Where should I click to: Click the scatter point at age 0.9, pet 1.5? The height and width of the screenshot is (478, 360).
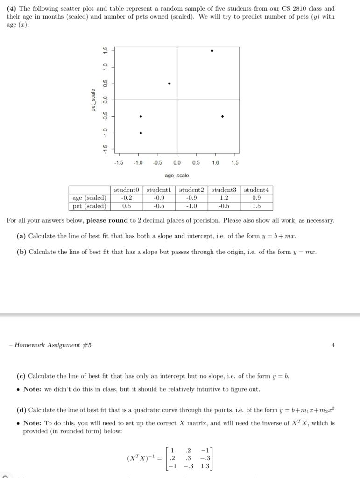tap(212, 51)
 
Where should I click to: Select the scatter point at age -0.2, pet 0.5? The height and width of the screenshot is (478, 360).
tap(169, 84)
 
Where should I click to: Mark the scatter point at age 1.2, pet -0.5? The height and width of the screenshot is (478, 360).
tap(222, 116)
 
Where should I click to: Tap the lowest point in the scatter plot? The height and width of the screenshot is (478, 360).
tap(141, 133)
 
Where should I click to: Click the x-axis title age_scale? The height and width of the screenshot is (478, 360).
tap(177, 176)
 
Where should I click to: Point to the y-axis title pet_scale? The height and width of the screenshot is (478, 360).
tap(93, 100)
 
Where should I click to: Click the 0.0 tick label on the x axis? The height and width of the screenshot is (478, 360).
tap(177, 162)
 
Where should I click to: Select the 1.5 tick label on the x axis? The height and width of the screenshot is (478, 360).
tap(235, 162)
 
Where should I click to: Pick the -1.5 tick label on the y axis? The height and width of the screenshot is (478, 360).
tap(106, 149)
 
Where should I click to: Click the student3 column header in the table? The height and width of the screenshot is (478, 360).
tap(224, 190)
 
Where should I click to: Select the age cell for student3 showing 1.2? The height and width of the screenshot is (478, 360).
tap(224, 198)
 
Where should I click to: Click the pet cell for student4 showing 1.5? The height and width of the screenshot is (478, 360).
tap(256, 206)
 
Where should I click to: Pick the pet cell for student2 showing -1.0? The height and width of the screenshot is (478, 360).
tap(191, 206)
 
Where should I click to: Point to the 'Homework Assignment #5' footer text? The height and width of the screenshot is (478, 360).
tap(53, 345)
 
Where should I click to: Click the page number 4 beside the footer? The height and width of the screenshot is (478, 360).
tap(333, 345)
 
